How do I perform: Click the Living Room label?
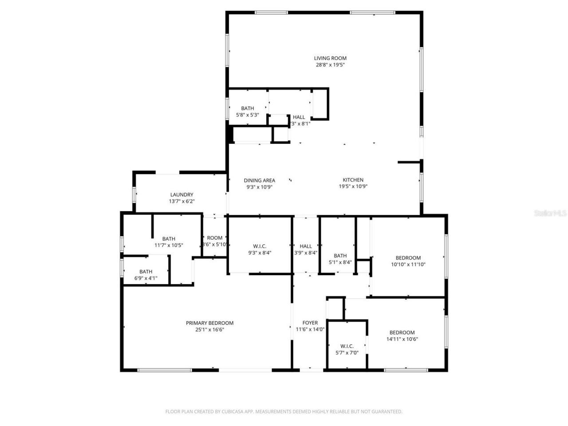click(330, 58)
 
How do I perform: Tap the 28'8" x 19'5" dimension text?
click(330, 65)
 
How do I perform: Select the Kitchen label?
click(353, 180)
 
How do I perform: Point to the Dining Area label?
click(259, 181)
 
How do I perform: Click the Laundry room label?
click(181, 195)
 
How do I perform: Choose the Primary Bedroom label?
click(209, 323)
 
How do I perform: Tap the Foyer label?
click(310, 323)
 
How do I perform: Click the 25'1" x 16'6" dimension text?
click(209, 330)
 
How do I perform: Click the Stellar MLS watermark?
click(550, 213)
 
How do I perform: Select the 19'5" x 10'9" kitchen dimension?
click(353, 187)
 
